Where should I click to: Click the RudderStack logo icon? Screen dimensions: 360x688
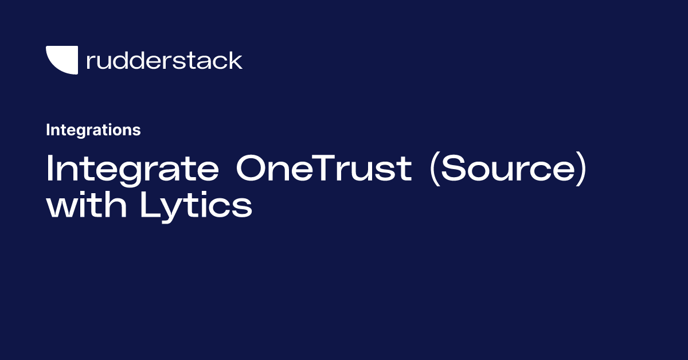coord(61,60)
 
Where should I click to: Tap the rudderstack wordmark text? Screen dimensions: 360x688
coord(164,60)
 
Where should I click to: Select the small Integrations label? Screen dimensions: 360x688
coord(93,130)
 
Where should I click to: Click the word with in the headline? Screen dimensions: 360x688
coord(88,205)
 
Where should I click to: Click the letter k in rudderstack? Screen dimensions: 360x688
coord(236,60)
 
